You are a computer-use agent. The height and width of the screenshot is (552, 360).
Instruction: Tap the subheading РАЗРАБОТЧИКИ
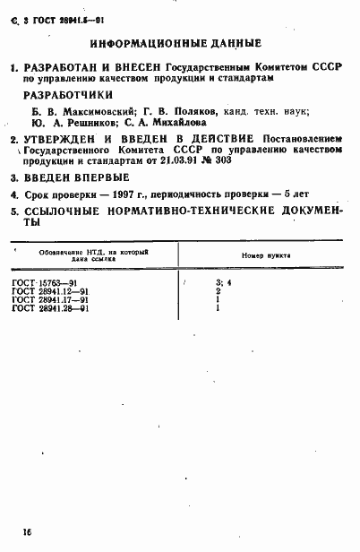pyautogui.click(x=73, y=94)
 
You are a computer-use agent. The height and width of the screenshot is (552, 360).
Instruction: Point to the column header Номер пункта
pyautogui.click(x=265, y=255)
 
